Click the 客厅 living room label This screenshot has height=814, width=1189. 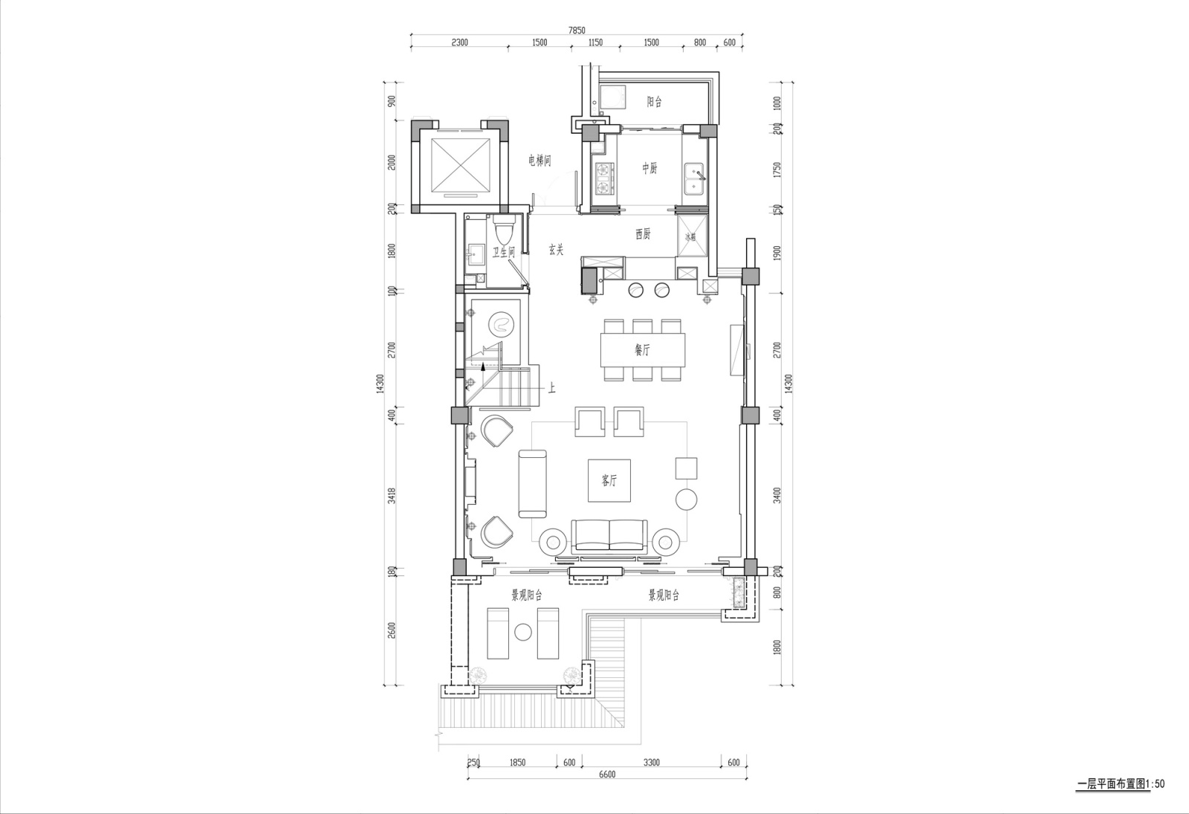[x=609, y=482]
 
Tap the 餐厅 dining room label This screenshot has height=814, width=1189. [x=642, y=351]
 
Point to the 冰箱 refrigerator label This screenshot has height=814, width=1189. [x=691, y=237]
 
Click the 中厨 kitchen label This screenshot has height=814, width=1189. [x=650, y=169]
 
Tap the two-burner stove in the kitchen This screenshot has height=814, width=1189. [x=604, y=178]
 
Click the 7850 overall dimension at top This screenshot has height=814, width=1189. [x=576, y=30]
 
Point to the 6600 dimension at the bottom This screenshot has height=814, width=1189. [x=606, y=775]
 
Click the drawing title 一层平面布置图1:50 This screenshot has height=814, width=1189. [x=1120, y=784]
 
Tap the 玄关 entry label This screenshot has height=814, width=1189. [x=557, y=251]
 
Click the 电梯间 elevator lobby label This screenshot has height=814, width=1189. [x=540, y=161]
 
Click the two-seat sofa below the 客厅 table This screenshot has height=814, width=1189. [x=609, y=534]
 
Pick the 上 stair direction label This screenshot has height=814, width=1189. [x=552, y=387]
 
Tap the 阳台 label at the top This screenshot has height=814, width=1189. [x=654, y=103]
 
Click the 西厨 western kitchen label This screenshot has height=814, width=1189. [x=643, y=234]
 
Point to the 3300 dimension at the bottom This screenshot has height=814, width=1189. [x=651, y=763]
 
